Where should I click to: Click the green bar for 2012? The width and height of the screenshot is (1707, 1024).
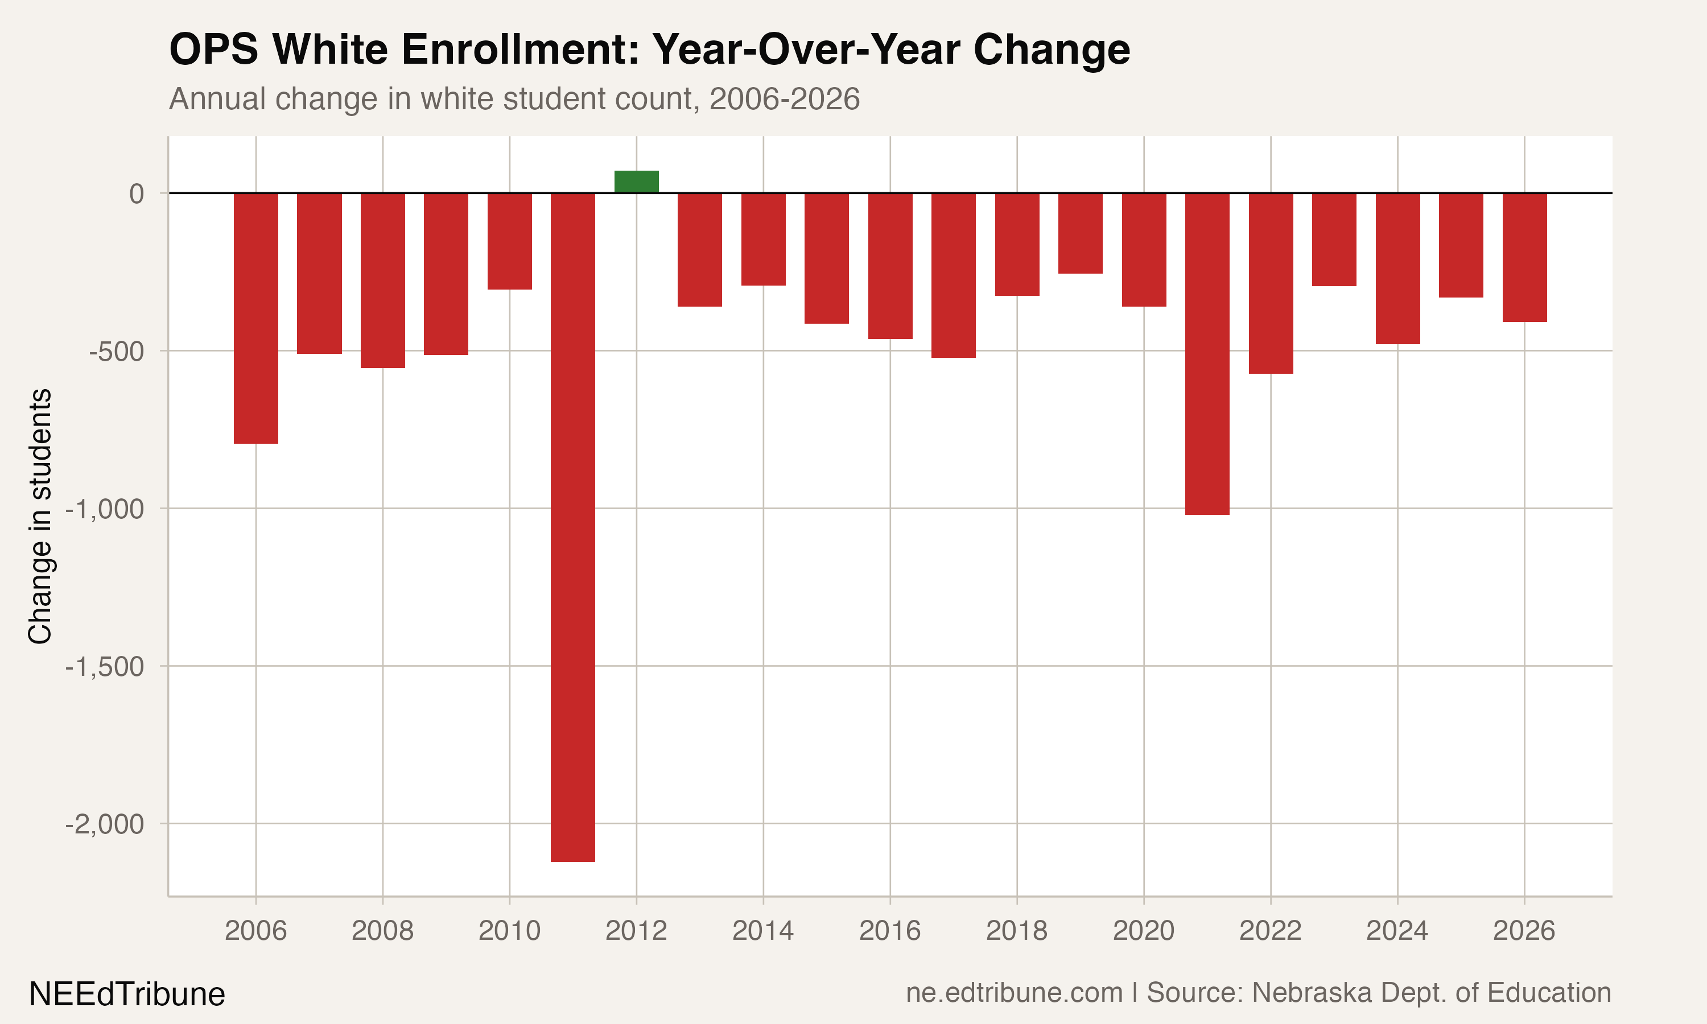pyautogui.click(x=636, y=182)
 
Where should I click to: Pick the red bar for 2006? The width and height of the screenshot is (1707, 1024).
pyautogui.click(x=256, y=318)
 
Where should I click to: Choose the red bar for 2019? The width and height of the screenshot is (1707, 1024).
pyautogui.click(x=1080, y=233)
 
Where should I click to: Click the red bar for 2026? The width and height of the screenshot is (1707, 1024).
pyautogui.click(x=1524, y=257)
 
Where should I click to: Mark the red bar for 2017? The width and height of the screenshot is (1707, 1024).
pyautogui.click(x=953, y=275)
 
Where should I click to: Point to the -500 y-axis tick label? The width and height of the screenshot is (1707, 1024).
pyautogui.click(x=117, y=351)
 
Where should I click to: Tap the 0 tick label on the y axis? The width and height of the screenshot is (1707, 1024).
pyautogui.click(x=137, y=194)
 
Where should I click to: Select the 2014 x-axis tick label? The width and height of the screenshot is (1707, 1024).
pyautogui.click(x=762, y=931)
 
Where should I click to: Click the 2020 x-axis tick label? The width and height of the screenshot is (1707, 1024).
pyautogui.click(x=1143, y=931)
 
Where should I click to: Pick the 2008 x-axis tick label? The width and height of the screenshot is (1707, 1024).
pyautogui.click(x=382, y=931)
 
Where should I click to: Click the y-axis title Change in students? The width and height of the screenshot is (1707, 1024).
pyautogui.click(x=40, y=516)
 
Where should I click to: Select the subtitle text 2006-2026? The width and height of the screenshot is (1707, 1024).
pyautogui.click(x=784, y=98)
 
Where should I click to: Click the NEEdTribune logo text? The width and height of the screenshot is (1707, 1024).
pyautogui.click(x=127, y=994)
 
